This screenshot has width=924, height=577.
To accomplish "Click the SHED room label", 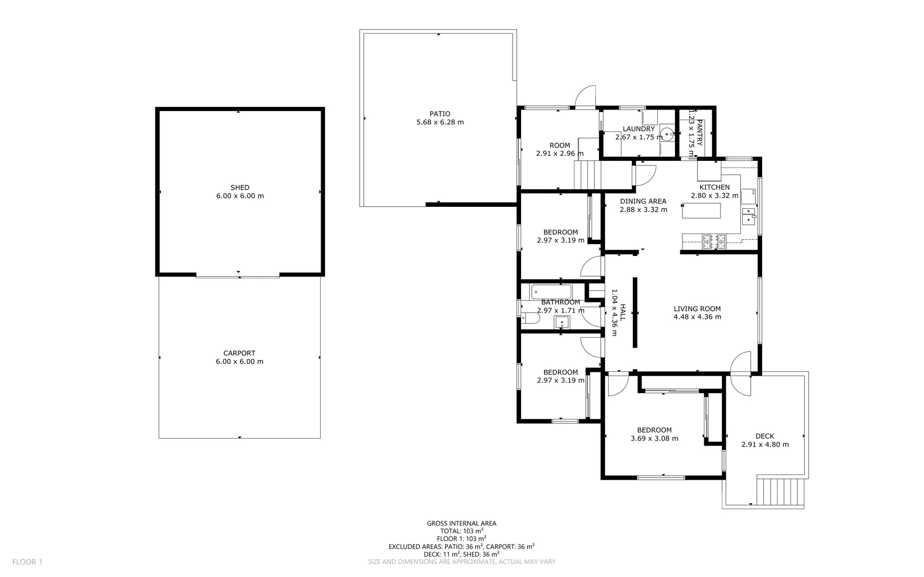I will pyautogui.click(x=239, y=188).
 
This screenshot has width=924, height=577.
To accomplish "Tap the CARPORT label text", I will pyautogui.click(x=239, y=353).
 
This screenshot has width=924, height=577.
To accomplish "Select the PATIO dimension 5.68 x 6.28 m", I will pyautogui.click(x=440, y=122).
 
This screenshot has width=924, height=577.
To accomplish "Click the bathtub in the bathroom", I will pyautogui.click(x=551, y=292).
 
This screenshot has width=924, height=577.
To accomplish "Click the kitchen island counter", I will pyautogui.click(x=701, y=211).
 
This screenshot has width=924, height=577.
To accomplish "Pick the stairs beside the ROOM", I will pyautogui.click(x=587, y=175).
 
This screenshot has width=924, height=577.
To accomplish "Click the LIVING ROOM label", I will pyautogui.click(x=697, y=309).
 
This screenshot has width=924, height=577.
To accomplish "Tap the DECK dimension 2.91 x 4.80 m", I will pyautogui.click(x=765, y=445).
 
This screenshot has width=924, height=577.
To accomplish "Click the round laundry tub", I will pyautogui.click(x=666, y=133).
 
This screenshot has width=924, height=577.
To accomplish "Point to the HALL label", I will pyautogui.click(x=623, y=313).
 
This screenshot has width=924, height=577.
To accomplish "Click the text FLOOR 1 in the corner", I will pyautogui.click(x=27, y=562).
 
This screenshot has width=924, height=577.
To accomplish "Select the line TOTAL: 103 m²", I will pyautogui.click(x=461, y=531).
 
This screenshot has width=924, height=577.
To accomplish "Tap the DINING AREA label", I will pyautogui.click(x=643, y=201).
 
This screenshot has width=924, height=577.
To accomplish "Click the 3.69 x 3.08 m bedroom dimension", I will pyautogui.click(x=654, y=439).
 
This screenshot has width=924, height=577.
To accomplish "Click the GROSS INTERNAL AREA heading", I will pyautogui.click(x=461, y=524).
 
